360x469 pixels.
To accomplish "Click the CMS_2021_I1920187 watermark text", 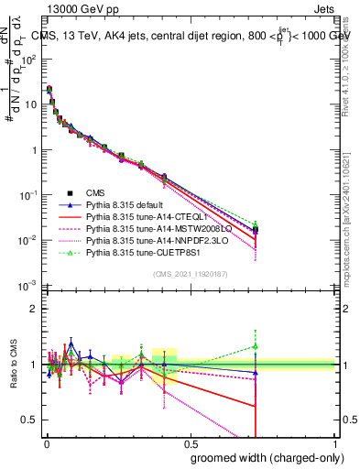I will [x=189, y=274].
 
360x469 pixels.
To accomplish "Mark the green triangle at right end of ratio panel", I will [x=256, y=347].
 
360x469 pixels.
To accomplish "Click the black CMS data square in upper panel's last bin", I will [x=256, y=229].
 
